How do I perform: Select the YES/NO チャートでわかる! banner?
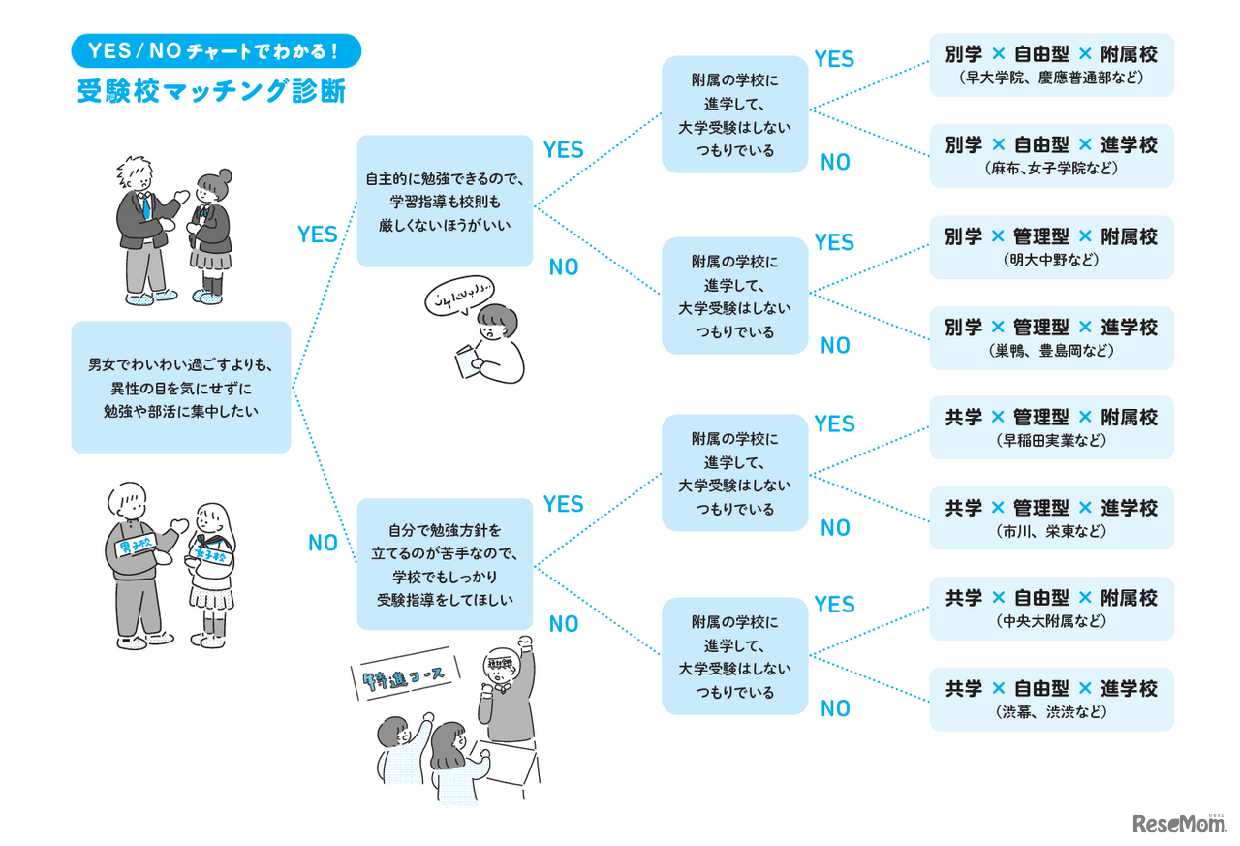point(217,50)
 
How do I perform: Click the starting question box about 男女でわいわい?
point(181,388)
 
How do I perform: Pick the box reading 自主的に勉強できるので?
point(445,202)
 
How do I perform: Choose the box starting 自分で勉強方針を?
point(445,564)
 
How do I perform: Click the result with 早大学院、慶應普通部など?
point(1051,65)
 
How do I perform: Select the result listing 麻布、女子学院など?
point(1051,156)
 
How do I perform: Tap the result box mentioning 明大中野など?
point(1051,247)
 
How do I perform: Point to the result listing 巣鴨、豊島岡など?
point(1051,338)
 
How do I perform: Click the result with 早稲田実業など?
point(1051,427)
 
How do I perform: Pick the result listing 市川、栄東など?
point(1051,518)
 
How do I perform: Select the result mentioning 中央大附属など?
point(1051,609)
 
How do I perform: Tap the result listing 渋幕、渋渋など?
point(1051,700)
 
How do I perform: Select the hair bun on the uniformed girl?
point(225,175)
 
